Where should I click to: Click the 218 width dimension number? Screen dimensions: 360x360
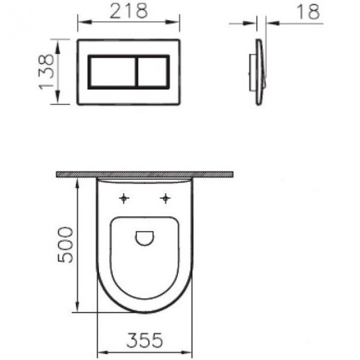129,11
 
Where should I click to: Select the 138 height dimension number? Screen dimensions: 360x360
47,71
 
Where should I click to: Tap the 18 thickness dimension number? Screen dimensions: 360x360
308,12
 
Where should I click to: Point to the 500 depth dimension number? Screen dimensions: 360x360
66,245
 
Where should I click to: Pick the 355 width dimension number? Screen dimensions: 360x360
145,340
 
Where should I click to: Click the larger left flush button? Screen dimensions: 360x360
112,72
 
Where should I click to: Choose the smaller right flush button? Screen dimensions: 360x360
153,72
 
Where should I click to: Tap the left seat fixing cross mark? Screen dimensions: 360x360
124,199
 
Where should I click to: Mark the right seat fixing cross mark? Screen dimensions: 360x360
165,199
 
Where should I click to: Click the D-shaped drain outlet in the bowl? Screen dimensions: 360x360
145,238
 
